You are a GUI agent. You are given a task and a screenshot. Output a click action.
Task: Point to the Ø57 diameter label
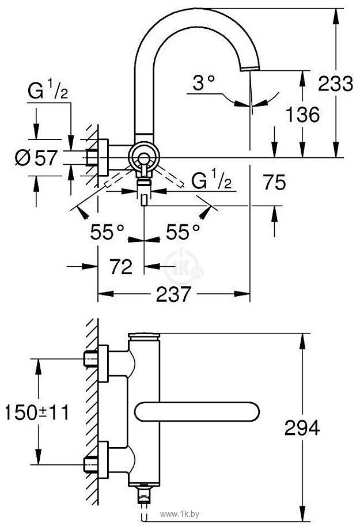[x=36, y=157]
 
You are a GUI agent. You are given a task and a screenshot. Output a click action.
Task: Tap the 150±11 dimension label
[x=36, y=412]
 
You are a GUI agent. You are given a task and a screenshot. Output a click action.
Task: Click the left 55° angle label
[x=107, y=232]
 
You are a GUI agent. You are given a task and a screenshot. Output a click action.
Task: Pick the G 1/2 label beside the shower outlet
[x=211, y=180]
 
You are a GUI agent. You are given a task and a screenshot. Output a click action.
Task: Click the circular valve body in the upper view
[x=142, y=157]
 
